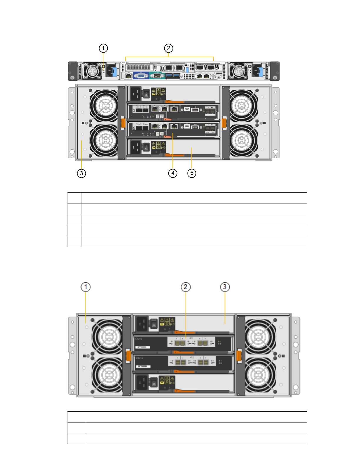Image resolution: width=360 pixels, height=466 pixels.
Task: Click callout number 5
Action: click(x=192, y=173)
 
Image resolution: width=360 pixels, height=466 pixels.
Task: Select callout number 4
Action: click(x=173, y=173)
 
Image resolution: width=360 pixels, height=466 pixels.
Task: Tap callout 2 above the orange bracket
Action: click(x=168, y=48)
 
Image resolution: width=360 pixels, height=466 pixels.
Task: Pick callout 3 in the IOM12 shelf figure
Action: click(x=225, y=287)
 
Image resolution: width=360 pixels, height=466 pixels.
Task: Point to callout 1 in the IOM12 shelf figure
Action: click(x=86, y=287)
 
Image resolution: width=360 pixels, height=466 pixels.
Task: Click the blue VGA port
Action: click(x=141, y=76)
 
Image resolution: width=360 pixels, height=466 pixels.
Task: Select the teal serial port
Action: click(x=157, y=76)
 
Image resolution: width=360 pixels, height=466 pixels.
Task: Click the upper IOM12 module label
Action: click(x=138, y=339)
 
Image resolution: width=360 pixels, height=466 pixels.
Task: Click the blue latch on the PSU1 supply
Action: click(x=115, y=71)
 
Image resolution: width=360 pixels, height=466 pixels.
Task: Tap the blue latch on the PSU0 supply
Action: click(x=260, y=71)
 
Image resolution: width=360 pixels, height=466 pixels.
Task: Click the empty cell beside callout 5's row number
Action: click(x=194, y=241)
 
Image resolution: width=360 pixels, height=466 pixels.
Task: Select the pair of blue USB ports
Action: click(x=173, y=76)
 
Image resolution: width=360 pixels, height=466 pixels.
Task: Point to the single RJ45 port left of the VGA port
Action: click(x=128, y=76)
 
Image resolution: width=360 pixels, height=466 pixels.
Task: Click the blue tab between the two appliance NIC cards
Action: click(x=187, y=70)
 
